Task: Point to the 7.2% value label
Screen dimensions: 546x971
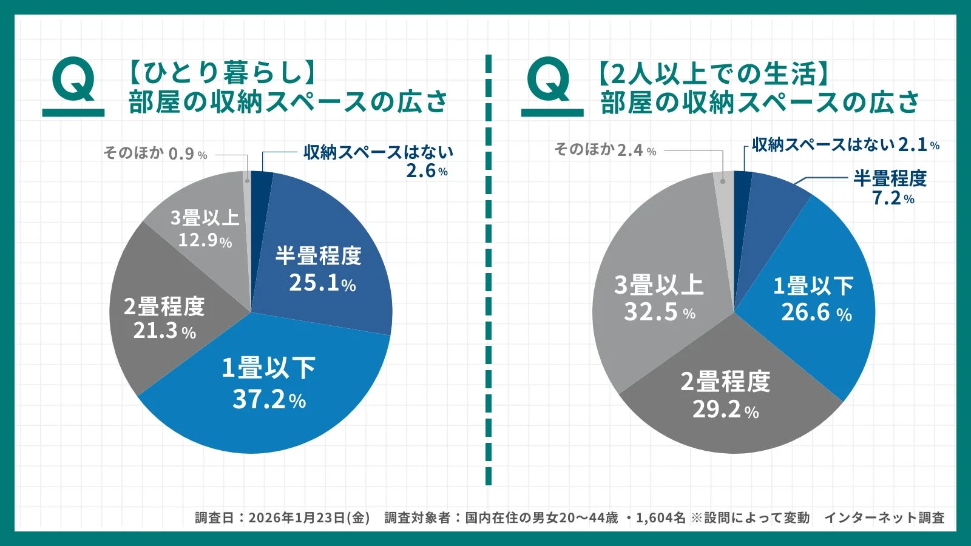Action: coord(893,198)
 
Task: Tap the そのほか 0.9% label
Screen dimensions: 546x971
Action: coord(155,153)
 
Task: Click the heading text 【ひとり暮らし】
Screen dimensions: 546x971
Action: coord(222,73)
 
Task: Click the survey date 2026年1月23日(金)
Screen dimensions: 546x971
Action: coord(309,517)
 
